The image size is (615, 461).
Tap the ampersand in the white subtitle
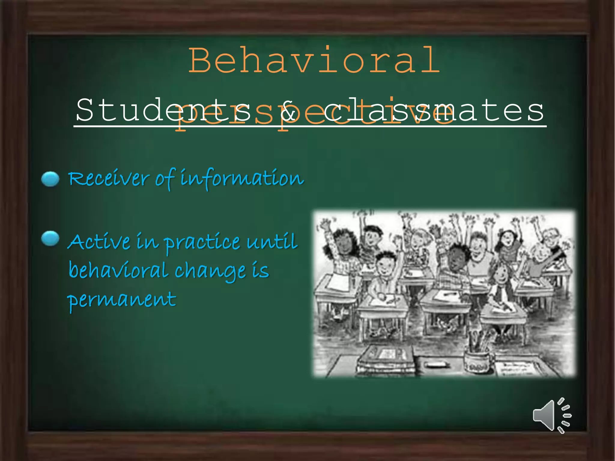(287, 110)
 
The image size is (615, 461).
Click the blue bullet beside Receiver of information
(50, 179)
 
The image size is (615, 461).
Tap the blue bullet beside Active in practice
(50, 239)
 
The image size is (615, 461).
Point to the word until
(272, 242)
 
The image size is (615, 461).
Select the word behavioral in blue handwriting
(118, 270)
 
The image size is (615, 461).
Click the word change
(210, 272)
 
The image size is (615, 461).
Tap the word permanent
(122, 300)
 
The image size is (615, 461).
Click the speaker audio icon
(552, 416)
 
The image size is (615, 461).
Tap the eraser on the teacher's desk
(437, 365)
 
